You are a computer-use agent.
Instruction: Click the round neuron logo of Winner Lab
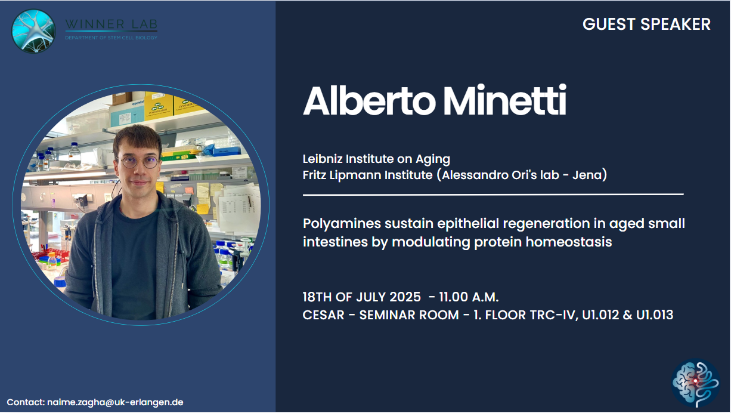pyautogui.click(x=33, y=32)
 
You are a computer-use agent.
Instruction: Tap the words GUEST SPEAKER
pyautogui.click(x=646, y=24)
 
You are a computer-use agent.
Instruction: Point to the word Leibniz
pyautogui.click(x=322, y=159)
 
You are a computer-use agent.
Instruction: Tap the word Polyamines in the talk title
pyautogui.click(x=342, y=224)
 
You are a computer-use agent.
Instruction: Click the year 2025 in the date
pyautogui.click(x=405, y=297)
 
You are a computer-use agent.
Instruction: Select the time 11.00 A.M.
pyautogui.click(x=469, y=297)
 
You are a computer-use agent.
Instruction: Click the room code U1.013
pyautogui.click(x=654, y=315)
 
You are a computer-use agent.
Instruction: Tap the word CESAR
pyautogui.click(x=323, y=315)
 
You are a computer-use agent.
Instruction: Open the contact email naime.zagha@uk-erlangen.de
pyautogui.click(x=115, y=402)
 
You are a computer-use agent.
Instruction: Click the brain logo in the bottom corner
pyautogui.click(x=695, y=383)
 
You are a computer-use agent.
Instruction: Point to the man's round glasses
pyautogui.click(x=140, y=161)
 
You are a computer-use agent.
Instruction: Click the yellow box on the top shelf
pyautogui.click(x=159, y=106)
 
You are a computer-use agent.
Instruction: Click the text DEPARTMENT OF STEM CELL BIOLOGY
pyautogui.click(x=111, y=38)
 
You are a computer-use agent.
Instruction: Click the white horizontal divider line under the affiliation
pyautogui.click(x=493, y=195)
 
